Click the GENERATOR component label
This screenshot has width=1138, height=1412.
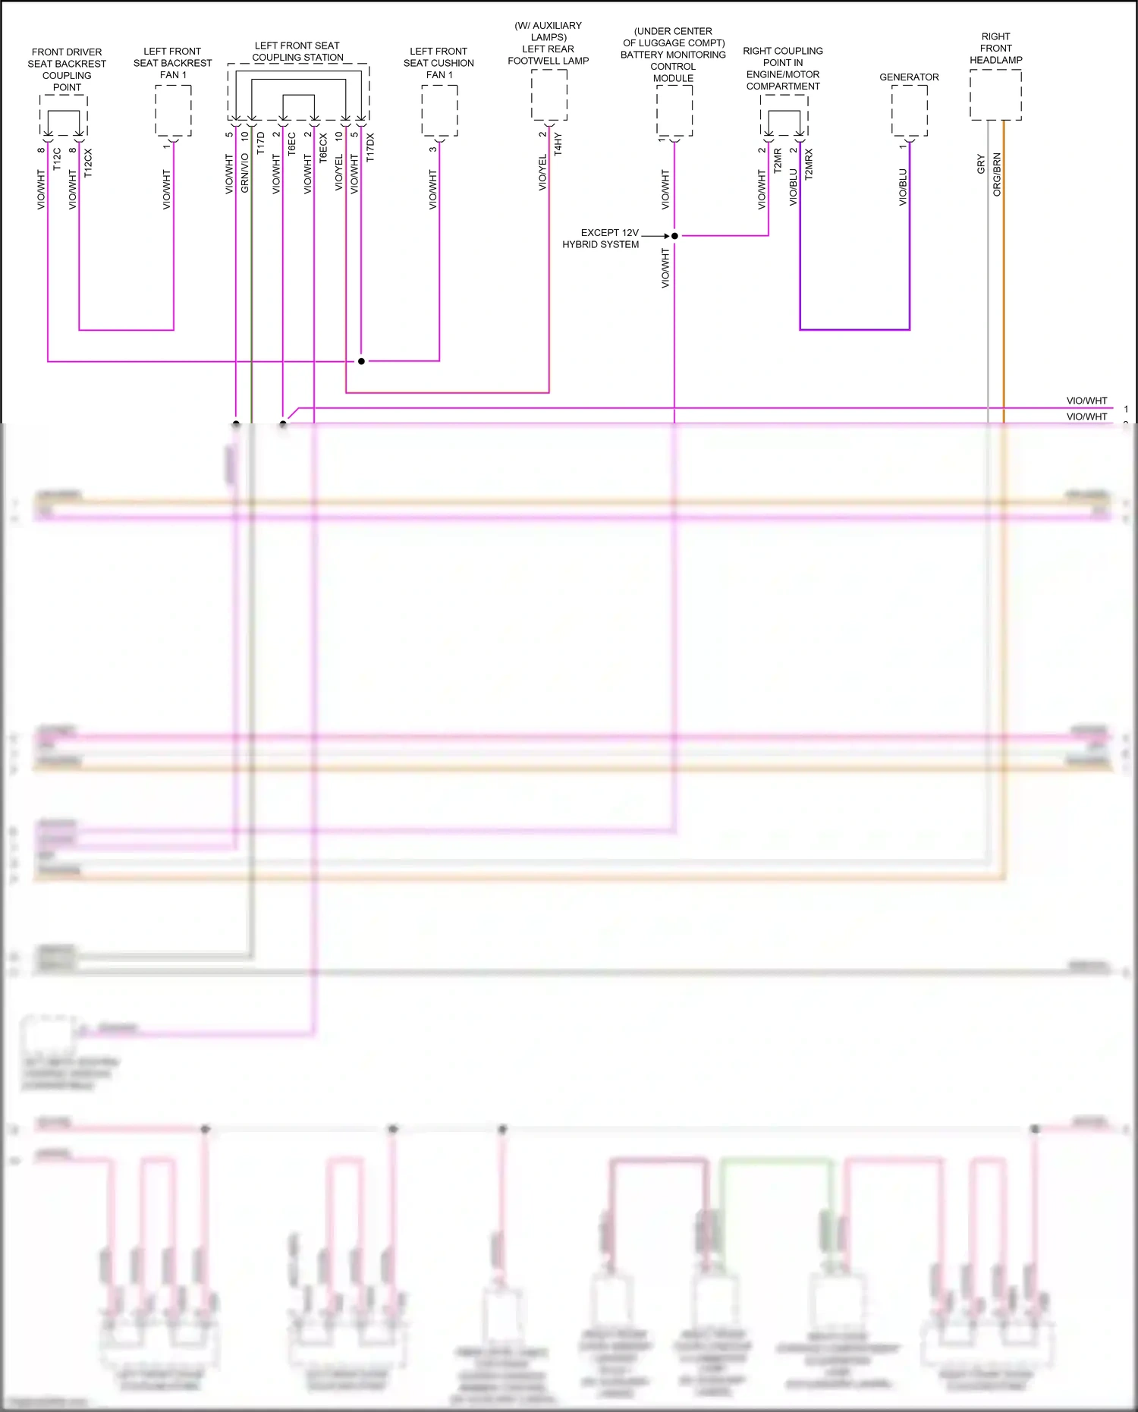909,77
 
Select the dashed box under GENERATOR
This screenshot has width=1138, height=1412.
909,110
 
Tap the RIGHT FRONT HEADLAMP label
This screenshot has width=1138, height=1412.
995,48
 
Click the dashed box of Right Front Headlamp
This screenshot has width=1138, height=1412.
995,95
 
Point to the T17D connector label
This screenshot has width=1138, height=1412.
260,143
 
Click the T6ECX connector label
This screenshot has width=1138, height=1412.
323,149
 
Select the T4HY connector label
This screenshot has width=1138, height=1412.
558,144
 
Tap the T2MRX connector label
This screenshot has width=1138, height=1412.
809,164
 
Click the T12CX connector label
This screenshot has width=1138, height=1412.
88,163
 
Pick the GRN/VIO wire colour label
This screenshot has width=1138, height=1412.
244,173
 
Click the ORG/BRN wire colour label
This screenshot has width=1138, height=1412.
997,175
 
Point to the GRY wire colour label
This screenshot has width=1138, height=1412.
980,164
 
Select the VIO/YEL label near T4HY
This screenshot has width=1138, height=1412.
542,173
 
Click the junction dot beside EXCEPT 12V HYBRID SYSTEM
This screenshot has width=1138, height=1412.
674,236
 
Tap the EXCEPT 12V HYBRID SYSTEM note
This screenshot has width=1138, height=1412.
601,238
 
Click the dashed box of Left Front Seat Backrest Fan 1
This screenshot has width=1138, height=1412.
173,110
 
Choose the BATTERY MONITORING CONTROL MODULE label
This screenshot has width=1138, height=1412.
673,55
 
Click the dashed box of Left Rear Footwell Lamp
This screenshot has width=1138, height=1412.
549,95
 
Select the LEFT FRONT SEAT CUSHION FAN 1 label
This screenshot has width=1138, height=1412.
439,63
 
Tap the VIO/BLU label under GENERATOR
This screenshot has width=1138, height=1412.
903,187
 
